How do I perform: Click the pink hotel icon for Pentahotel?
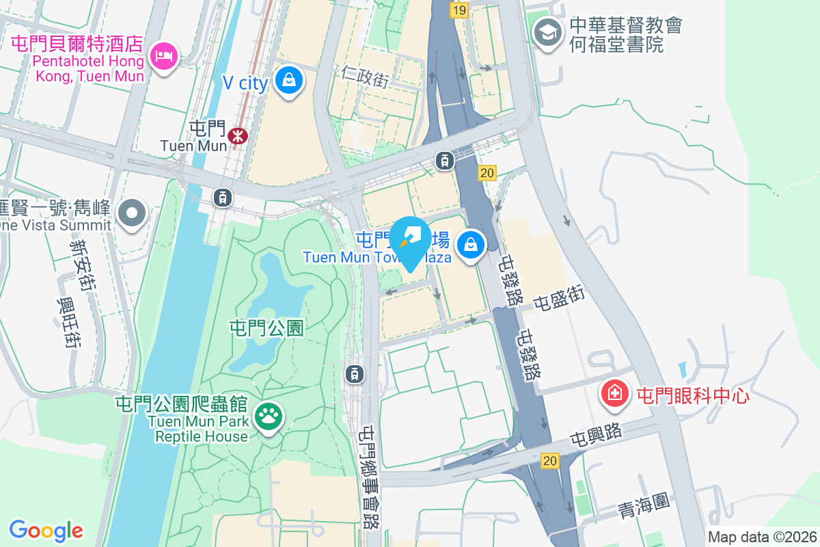coord(164,55)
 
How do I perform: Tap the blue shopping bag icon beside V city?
coord(290,80)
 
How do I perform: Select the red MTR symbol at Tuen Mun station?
coord(238,135)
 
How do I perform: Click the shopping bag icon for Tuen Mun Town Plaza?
coord(471,244)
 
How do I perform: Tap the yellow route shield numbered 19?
coord(459,10)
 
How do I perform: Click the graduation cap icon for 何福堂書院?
coord(547,31)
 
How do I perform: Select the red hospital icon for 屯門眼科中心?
coord(615,393)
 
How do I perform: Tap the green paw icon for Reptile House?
coord(268,415)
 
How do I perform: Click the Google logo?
coord(46,530)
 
